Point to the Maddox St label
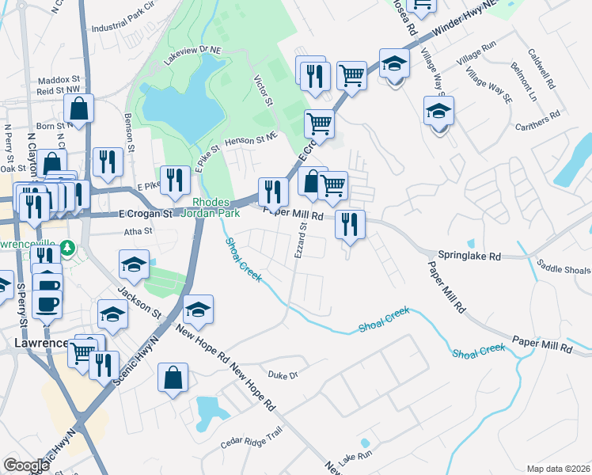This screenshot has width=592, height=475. (x=59, y=80)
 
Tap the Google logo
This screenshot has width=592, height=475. (x=26, y=465)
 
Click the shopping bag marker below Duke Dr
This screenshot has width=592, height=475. (x=173, y=378)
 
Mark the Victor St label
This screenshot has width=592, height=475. (x=262, y=91)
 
